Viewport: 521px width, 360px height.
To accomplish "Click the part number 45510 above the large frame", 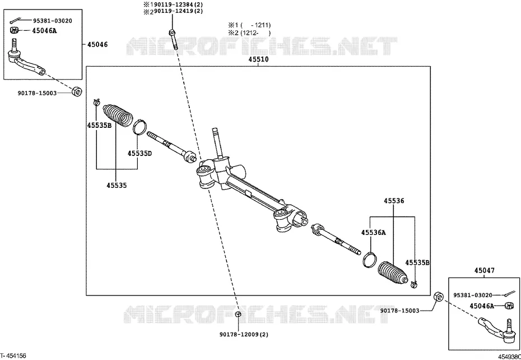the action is coord(258,60).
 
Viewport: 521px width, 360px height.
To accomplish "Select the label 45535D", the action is coord(139,154).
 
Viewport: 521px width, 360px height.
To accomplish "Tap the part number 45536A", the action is coord(374,233).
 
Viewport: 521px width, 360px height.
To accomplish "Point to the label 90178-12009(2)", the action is coord(244,334).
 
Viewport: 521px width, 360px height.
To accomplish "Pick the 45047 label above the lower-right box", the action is coord(484,271).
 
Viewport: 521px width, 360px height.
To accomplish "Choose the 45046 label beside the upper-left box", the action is coord(97,44).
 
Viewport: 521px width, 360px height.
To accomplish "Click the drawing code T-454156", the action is coord(13,356).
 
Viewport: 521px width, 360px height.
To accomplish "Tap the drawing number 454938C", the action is coord(509,356).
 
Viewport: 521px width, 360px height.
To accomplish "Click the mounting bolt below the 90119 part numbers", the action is coord(173,40).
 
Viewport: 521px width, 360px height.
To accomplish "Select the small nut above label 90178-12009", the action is coord(238,314).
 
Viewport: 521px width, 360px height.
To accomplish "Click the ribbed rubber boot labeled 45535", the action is coord(118,116).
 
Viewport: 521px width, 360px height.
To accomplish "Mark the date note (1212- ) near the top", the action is coord(249,33).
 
